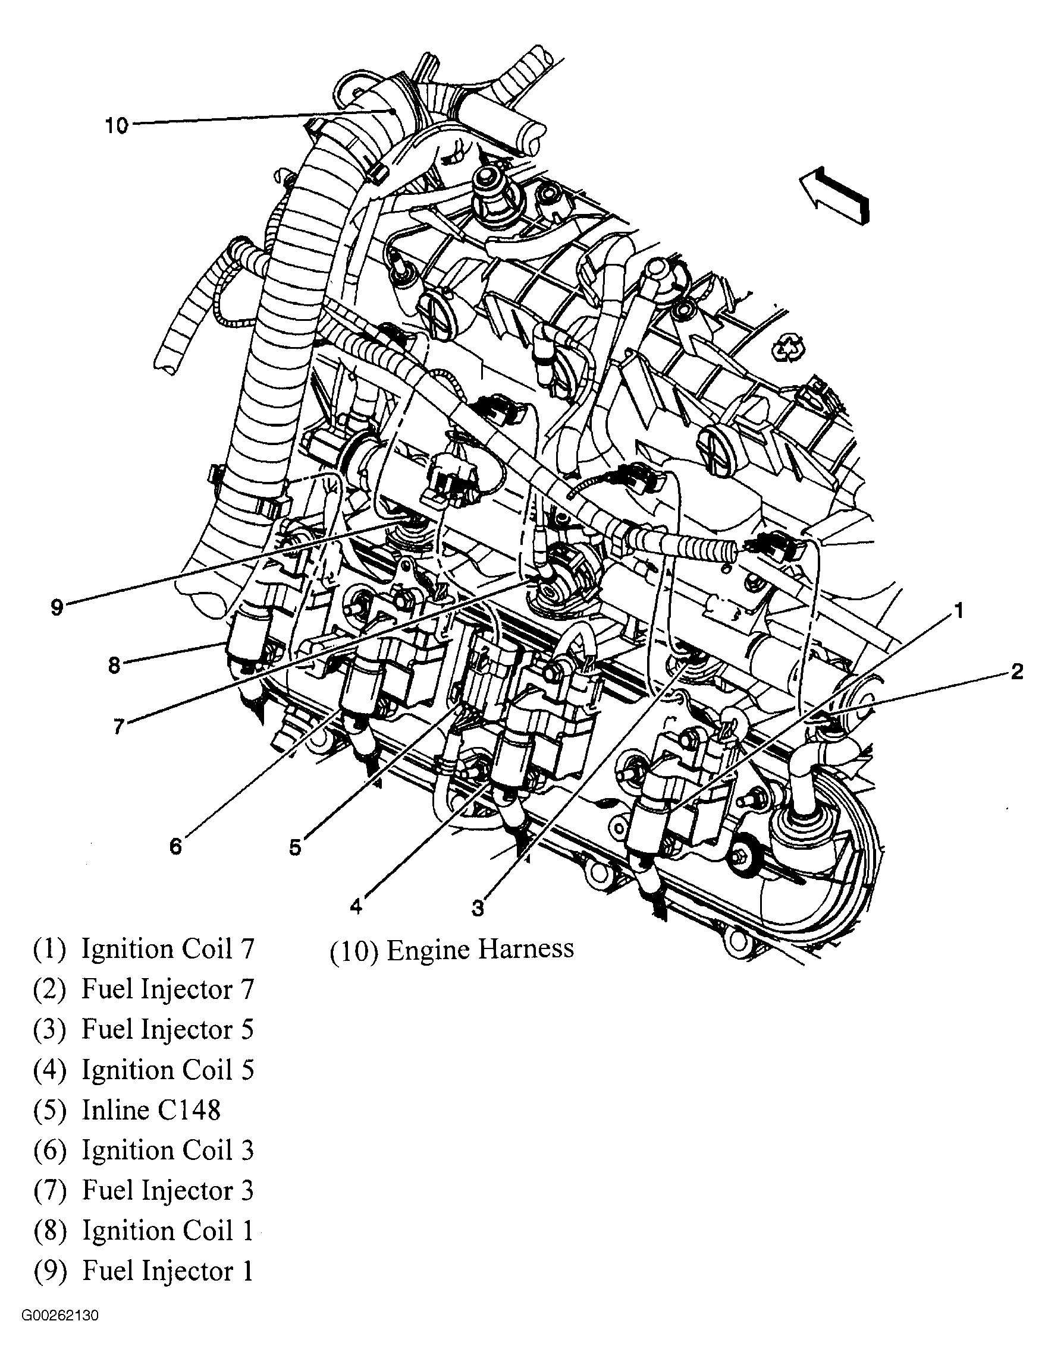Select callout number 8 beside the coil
pos(114,665)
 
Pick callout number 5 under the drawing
pos(295,847)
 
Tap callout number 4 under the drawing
pos(355,906)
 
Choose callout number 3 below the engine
pos(477,907)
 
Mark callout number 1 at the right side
pos(959,611)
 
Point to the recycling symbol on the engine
pos(788,349)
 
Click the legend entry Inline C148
pos(150,1110)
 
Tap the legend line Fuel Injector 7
pos(167,989)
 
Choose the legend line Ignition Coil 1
pos(167,1231)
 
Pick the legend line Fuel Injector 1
pos(167,1271)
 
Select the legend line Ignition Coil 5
pos(167,1070)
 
